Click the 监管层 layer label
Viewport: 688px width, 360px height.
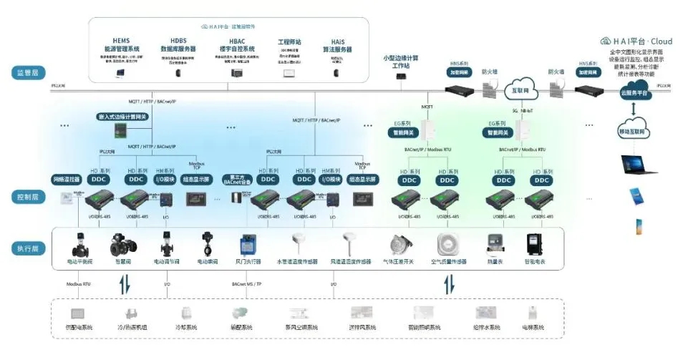point(29,73)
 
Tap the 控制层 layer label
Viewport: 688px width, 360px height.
point(29,195)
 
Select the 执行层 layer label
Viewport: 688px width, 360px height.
point(29,248)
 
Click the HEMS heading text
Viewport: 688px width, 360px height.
point(120,41)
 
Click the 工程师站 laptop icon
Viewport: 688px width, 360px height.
point(289,73)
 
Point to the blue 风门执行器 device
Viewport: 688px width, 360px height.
point(249,245)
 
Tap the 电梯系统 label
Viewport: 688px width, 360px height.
point(533,327)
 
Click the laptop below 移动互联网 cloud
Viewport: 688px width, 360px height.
point(637,166)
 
